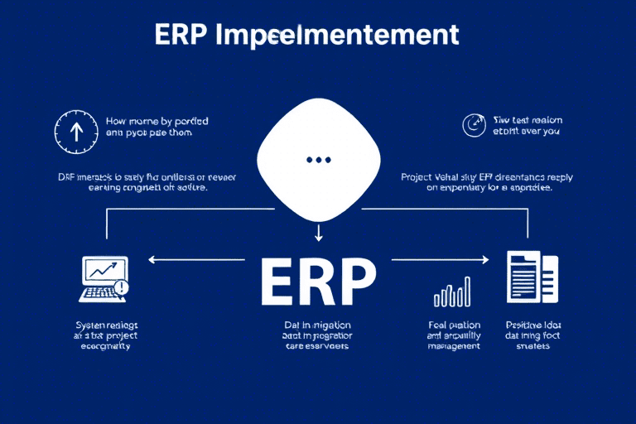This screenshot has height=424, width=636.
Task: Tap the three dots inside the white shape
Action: click(318, 159)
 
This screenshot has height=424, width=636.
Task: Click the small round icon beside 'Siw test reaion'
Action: click(472, 125)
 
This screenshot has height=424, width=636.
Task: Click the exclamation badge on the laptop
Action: click(123, 287)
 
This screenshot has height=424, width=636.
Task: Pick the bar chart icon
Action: click(452, 291)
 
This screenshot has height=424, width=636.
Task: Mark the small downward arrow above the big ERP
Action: click(318, 236)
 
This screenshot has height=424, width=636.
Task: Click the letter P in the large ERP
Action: click(353, 283)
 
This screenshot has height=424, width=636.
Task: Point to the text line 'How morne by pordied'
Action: click(157, 121)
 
